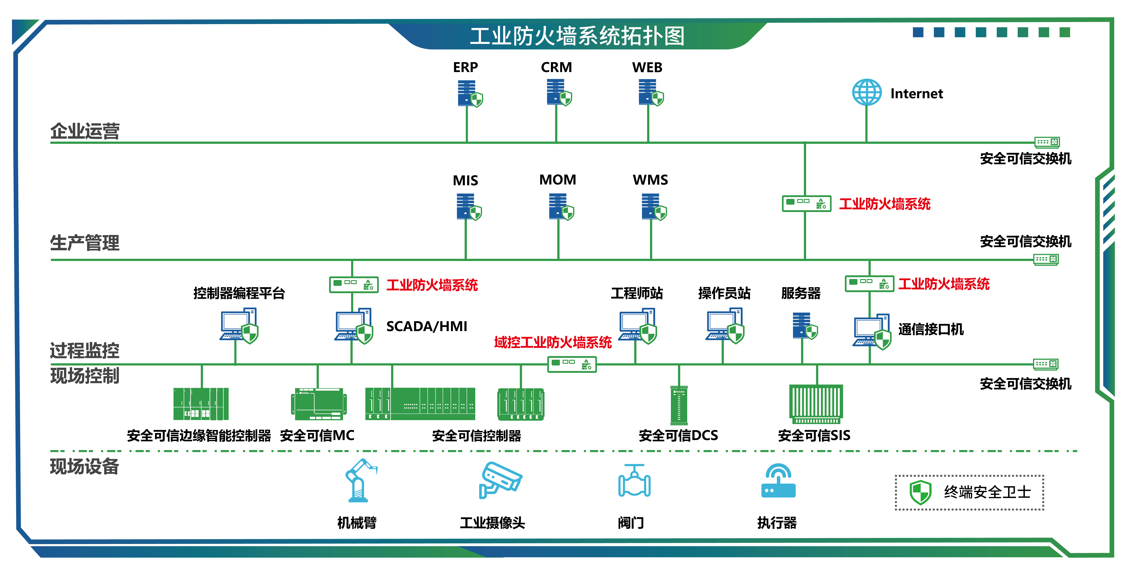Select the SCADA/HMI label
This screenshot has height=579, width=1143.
pos(426,326)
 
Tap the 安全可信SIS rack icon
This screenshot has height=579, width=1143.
pos(816,403)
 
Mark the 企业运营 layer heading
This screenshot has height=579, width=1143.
pos(85,131)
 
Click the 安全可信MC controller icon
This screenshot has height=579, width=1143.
pos(319,404)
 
